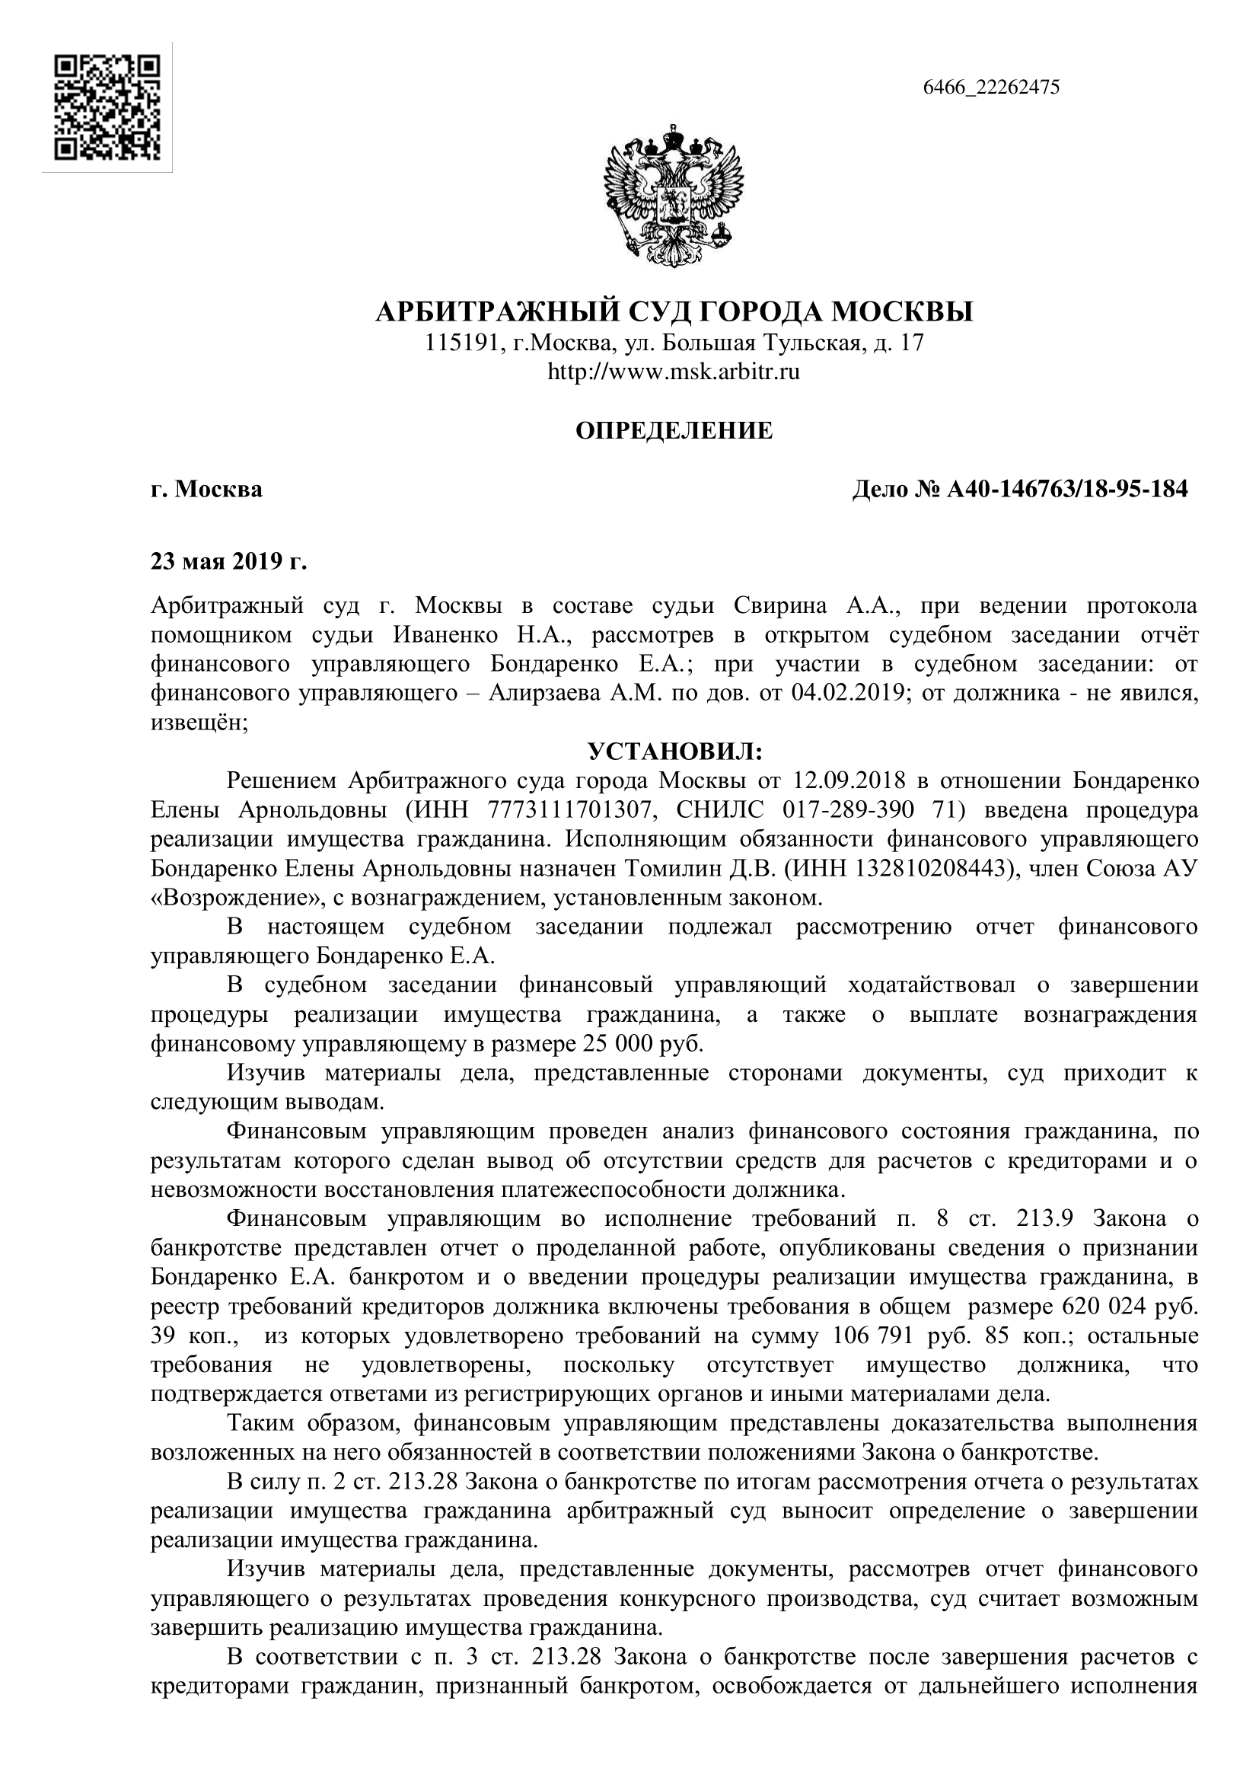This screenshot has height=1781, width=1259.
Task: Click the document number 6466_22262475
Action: tap(991, 88)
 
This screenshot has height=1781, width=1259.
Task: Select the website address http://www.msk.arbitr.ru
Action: tap(673, 372)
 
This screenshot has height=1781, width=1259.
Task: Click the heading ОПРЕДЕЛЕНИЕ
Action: tap(674, 431)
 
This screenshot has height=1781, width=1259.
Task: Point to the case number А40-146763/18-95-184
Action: tap(1066, 490)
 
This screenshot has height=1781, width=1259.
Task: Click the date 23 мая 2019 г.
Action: tap(228, 562)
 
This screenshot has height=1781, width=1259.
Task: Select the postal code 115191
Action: tap(461, 343)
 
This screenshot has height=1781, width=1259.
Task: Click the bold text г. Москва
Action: tap(206, 490)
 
